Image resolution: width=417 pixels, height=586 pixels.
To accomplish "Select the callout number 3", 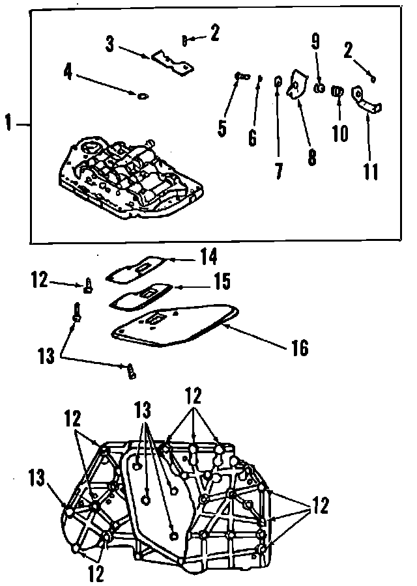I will (110, 44).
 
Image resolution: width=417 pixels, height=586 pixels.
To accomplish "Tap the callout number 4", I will (68, 71).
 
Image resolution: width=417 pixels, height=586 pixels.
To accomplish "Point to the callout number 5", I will (223, 127).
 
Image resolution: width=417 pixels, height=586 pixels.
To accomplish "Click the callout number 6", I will (252, 137).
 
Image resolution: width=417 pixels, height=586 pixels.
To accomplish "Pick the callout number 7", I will (279, 171).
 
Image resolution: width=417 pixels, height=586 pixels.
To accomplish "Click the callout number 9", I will (315, 41).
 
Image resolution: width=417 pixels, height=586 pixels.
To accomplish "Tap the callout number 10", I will (340, 133).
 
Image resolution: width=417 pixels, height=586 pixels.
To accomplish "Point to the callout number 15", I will (222, 281).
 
